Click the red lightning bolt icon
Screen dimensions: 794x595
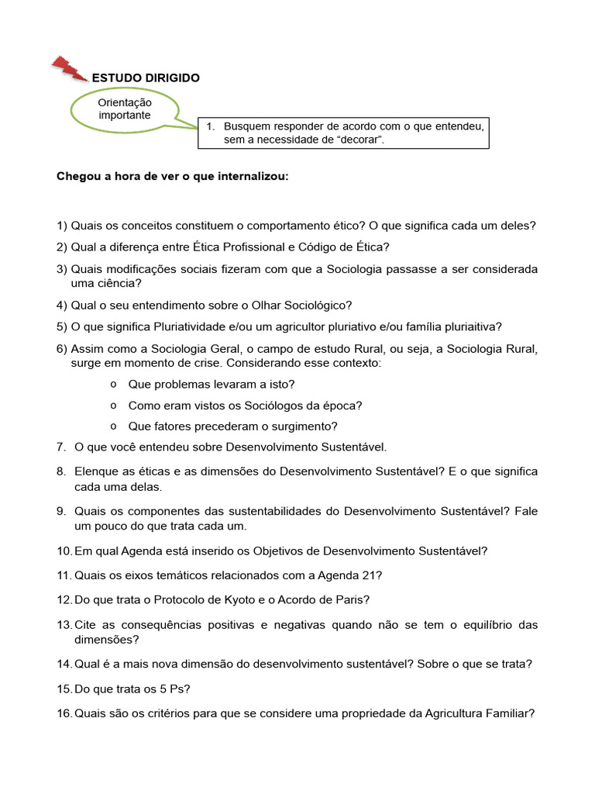pos(71,68)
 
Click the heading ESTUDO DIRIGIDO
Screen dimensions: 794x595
pos(146,78)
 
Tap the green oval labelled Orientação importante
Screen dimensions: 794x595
pos(125,109)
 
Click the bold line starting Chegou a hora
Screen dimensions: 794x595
pos(172,176)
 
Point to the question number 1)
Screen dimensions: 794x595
pos(62,226)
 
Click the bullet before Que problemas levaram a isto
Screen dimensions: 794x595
pos(113,384)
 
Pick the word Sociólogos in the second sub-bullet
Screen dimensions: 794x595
pos(268,405)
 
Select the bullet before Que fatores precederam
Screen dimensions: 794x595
pos(113,426)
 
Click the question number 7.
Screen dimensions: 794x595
pos(61,447)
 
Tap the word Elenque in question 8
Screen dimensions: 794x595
pos(95,471)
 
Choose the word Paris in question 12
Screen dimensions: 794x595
pos(351,600)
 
